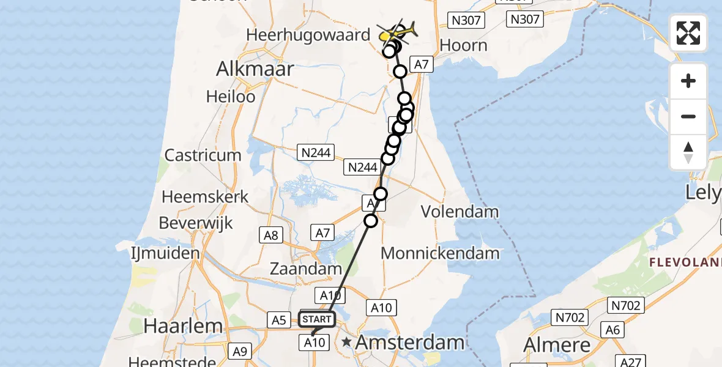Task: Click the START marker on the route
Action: (317, 319)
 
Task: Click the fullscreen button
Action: (688, 33)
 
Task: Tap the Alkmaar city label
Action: (255, 69)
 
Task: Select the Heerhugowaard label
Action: (308, 35)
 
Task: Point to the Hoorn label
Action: (463, 45)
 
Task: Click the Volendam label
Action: (460, 212)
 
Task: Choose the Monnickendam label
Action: (440, 253)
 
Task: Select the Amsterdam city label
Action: (409, 343)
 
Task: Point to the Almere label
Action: (558, 346)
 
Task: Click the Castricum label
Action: (203, 155)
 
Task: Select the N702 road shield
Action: (624, 304)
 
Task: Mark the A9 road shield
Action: (239, 351)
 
